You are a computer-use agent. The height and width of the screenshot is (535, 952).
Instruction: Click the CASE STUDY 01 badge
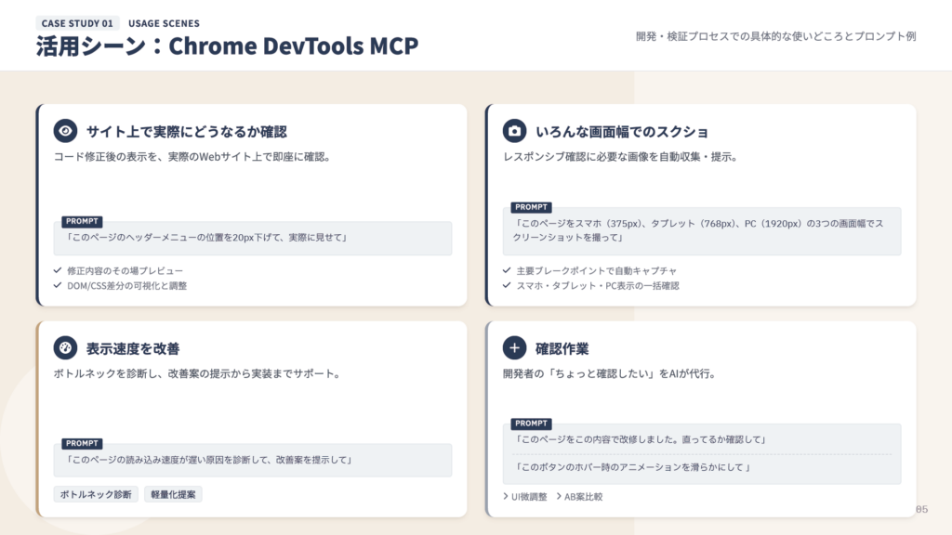[x=77, y=23]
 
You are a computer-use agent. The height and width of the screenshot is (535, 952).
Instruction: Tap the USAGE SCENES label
[x=164, y=23]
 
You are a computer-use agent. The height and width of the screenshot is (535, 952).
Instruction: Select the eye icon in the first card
[x=64, y=131]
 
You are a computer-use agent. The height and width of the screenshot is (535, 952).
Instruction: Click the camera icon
[x=514, y=131]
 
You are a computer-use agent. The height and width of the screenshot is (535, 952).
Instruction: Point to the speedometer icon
[x=64, y=348]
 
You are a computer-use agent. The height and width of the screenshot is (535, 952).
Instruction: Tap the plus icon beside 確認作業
[x=514, y=348]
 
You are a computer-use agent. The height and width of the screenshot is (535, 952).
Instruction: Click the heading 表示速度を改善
[x=133, y=349]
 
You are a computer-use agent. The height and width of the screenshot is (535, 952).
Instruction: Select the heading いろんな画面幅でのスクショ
[x=622, y=132]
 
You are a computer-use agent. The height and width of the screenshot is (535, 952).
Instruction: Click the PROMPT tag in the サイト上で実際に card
[x=82, y=222]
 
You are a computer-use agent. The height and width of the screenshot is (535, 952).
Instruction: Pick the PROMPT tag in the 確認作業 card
[x=532, y=424]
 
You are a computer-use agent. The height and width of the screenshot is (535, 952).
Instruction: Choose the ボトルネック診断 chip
[x=96, y=494]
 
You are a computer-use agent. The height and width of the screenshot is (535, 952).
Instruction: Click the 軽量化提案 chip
[x=173, y=494]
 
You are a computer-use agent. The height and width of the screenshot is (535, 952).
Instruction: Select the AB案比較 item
[x=583, y=497]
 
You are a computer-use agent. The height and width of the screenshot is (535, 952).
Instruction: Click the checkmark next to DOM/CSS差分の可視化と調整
[x=58, y=285]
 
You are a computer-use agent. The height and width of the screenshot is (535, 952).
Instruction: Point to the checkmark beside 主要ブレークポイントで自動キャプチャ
[x=507, y=270]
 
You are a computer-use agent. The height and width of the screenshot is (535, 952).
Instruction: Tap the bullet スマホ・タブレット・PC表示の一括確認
[x=598, y=285]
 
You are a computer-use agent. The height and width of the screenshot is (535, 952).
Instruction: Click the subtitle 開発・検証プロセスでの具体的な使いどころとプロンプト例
[x=775, y=36]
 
